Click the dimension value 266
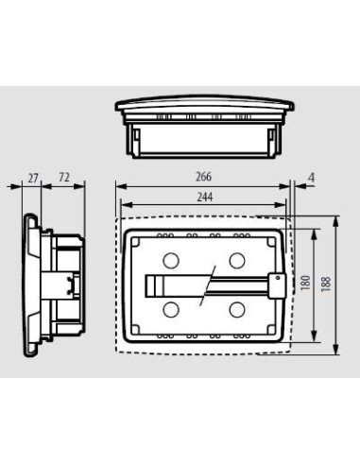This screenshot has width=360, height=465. click(x=204, y=177)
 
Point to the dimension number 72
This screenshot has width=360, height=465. click(x=64, y=177)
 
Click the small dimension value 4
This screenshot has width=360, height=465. click(x=312, y=177)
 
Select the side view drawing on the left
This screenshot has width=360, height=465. click(x=57, y=283)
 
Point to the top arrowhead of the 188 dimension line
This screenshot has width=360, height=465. click(x=336, y=219)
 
